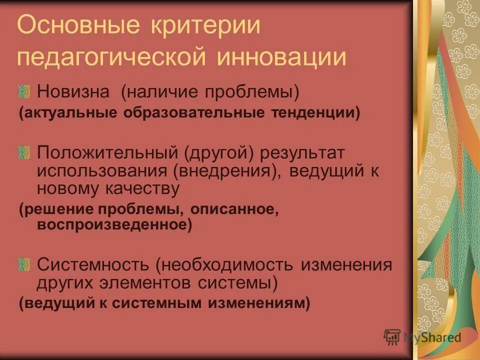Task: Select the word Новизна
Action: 69,91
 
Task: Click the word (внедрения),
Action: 227,171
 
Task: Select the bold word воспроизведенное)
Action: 114,225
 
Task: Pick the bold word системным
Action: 168,303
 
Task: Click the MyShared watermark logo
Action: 423,337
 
